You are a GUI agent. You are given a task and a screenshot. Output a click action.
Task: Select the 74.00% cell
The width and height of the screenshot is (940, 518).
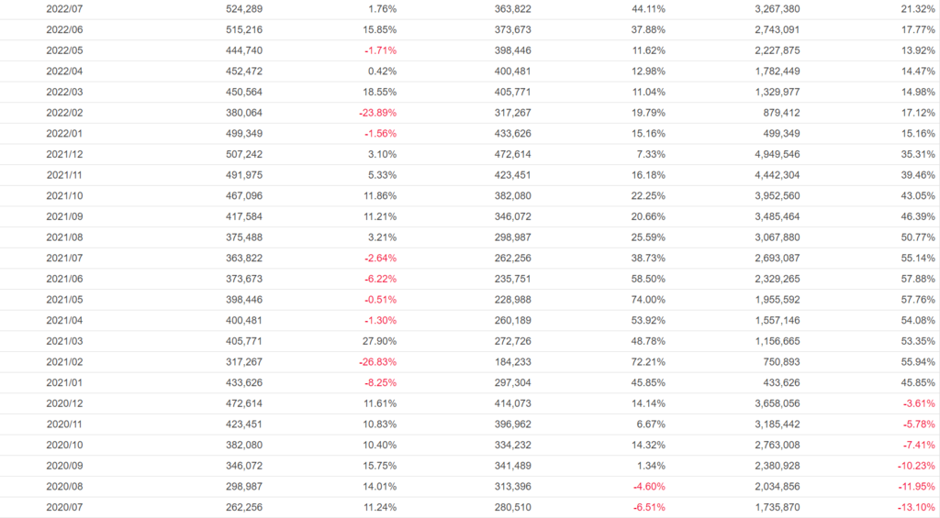pos(647,299)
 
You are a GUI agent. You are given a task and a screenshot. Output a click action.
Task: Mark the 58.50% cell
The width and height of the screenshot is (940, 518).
pos(647,279)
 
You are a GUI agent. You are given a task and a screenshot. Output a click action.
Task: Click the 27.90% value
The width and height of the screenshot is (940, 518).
pos(379,340)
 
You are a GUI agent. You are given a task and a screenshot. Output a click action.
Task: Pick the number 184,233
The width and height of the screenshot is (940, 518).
pos(512,361)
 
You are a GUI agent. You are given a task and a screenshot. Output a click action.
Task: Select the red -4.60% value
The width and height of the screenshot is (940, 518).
pos(647,486)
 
